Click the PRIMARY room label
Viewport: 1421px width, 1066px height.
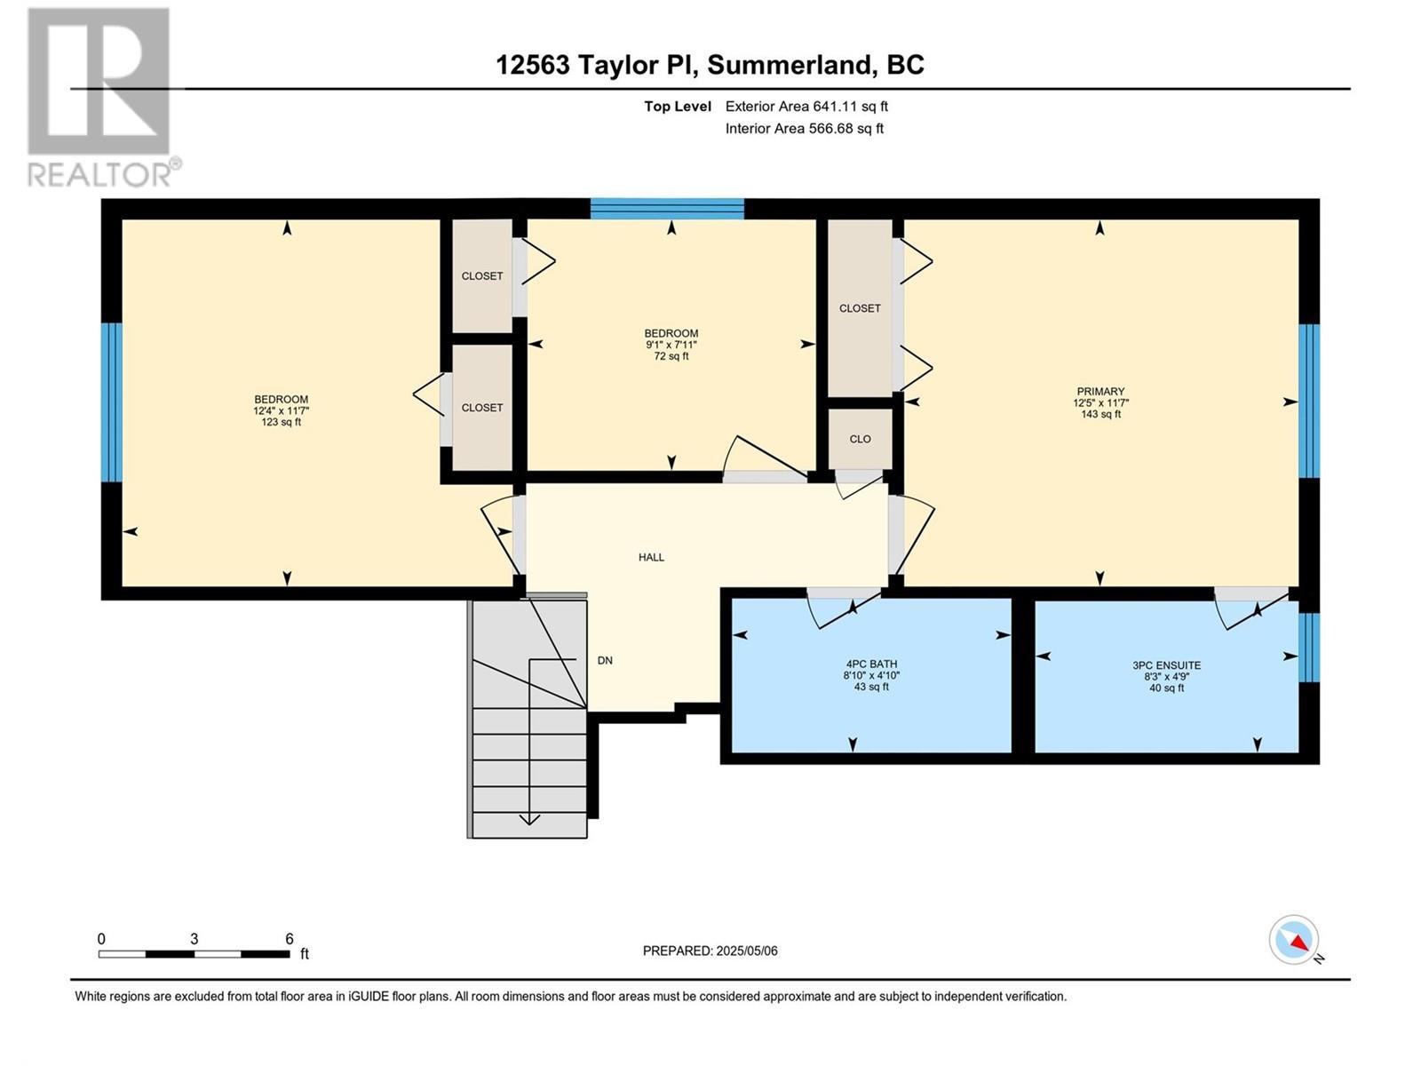tap(1099, 392)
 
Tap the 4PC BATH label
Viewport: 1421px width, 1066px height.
tap(871, 664)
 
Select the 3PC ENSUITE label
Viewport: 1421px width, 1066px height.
tap(1167, 665)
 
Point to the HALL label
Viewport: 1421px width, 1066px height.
tap(651, 557)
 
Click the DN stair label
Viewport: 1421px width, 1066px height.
tap(605, 661)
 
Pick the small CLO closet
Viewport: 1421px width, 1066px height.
tap(860, 439)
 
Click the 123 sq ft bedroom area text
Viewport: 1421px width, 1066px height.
tap(281, 422)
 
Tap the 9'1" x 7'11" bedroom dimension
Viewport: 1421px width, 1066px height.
tap(671, 345)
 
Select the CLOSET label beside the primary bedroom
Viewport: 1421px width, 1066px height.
tap(860, 309)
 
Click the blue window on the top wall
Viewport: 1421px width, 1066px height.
tap(667, 209)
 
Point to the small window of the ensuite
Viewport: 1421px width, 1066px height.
tap(1309, 648)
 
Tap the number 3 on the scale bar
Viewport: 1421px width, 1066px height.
tap(194, 939)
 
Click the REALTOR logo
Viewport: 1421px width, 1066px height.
tap(103, 98)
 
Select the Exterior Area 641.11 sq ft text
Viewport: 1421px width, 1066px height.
tap(806, 106)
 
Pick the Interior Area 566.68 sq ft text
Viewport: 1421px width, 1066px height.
tap(804, 128)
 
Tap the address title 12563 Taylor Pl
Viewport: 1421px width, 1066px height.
tap(596, 65)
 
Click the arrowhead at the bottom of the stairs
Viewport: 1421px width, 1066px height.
tap(529, 820)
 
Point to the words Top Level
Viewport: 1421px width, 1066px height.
tap(677, 106)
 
